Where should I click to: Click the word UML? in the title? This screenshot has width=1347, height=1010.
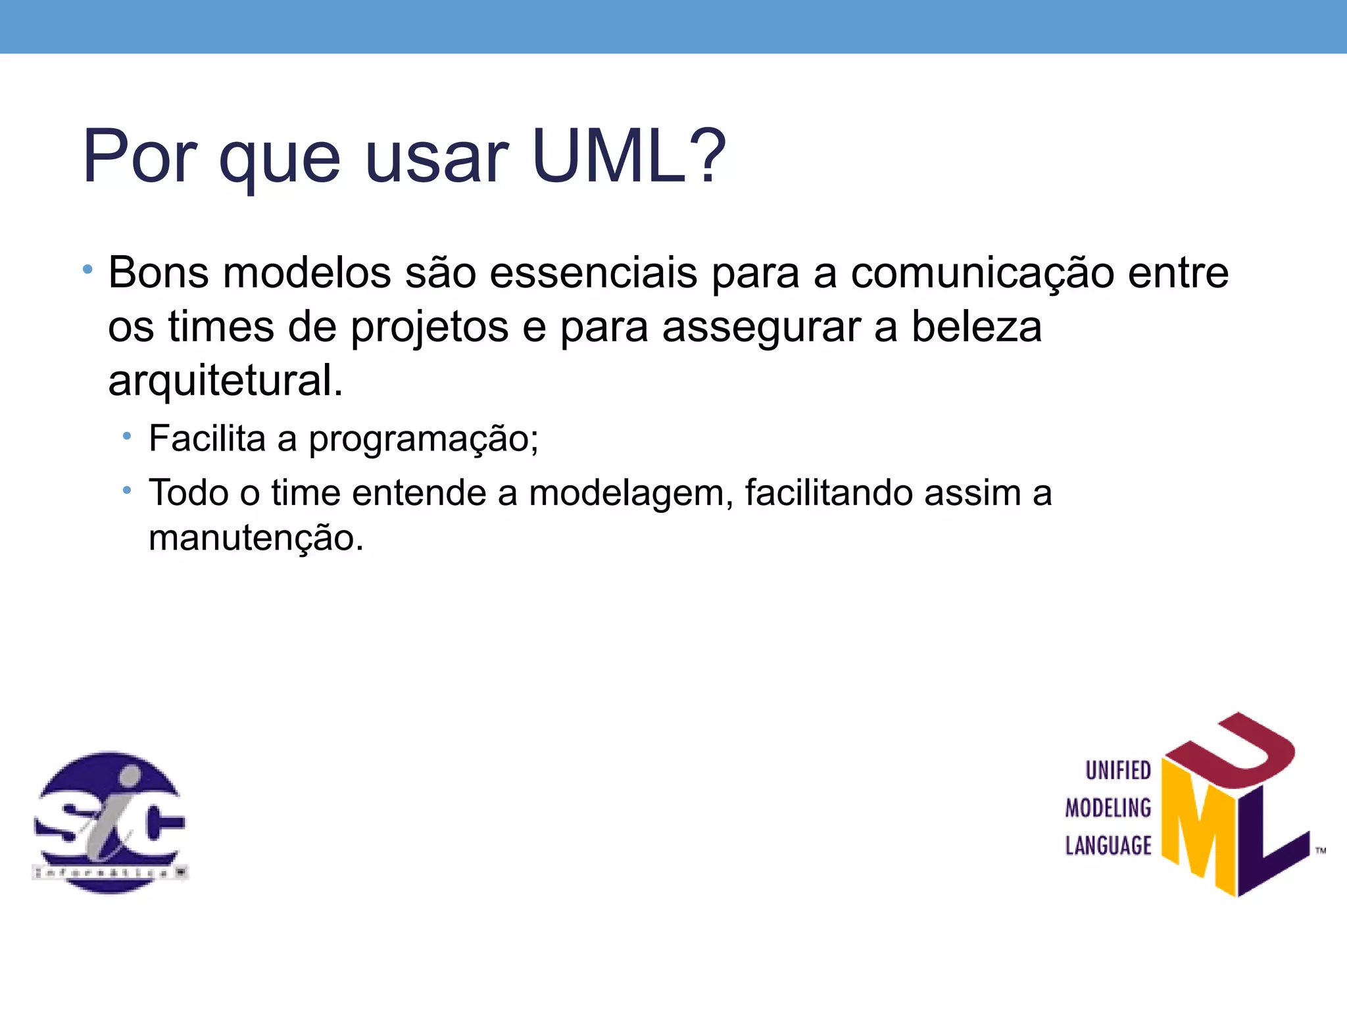629,156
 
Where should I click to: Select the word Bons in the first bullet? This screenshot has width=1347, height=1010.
159,272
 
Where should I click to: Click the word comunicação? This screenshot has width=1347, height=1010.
983,272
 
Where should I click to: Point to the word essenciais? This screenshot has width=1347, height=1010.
593,272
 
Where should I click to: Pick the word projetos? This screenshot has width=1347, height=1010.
429,327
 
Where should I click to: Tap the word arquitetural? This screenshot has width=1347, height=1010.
225,381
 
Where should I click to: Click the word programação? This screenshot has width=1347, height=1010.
424,439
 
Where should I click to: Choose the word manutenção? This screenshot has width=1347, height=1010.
256,538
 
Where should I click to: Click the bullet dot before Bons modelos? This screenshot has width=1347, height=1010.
87,270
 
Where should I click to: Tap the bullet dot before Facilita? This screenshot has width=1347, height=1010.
127,435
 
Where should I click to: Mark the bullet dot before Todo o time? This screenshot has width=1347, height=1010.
127,490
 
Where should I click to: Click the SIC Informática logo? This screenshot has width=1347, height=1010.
110,822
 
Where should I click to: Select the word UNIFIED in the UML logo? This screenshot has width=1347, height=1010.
1118,770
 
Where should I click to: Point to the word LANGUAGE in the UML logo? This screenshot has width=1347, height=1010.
1108,845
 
